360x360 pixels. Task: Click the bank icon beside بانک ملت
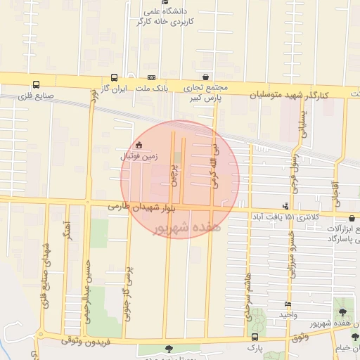[151, 78]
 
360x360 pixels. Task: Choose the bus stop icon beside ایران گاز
[114, 78]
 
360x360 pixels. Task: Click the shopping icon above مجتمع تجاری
[205, 77]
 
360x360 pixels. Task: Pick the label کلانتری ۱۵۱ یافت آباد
[290, 217]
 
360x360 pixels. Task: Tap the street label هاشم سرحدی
[248, 300]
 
